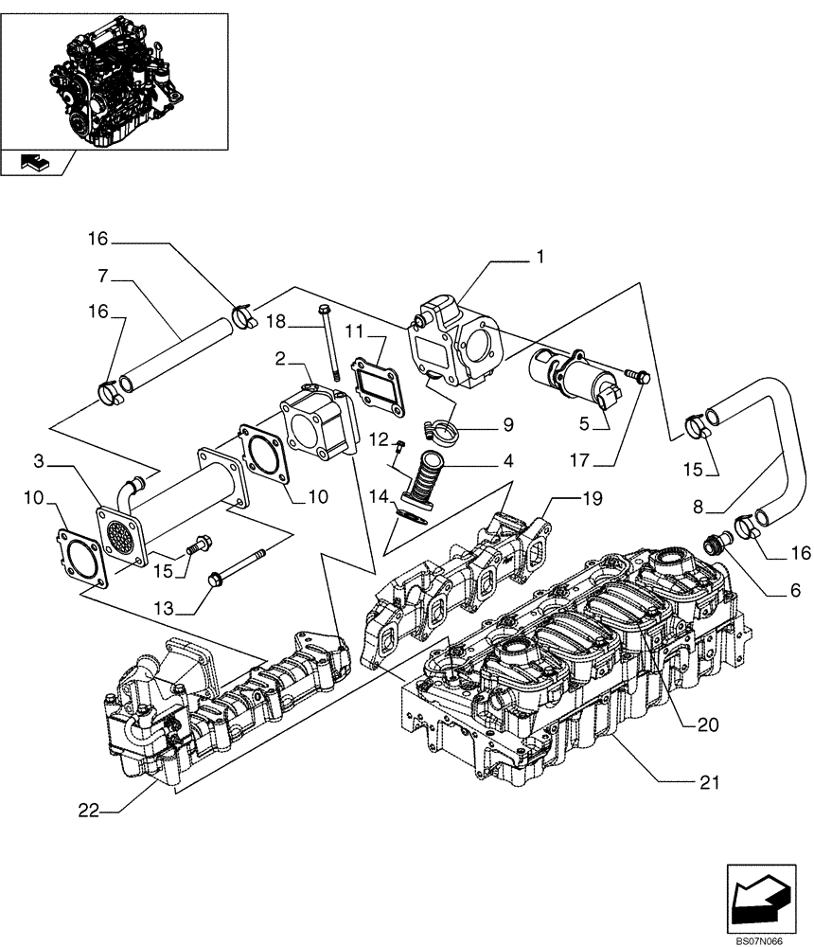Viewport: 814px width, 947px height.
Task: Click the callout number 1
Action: [540, 256]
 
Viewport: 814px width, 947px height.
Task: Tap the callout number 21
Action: [710, 782]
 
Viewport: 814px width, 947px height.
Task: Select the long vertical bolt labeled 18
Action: [330, 341]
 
